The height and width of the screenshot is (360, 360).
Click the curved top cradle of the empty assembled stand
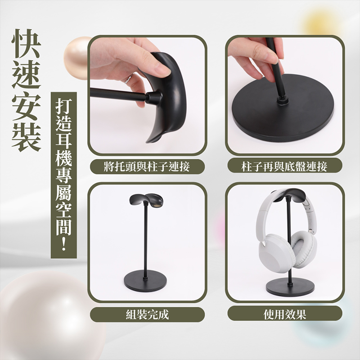pos(146,200)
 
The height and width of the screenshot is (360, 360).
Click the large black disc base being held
pos(283,115)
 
